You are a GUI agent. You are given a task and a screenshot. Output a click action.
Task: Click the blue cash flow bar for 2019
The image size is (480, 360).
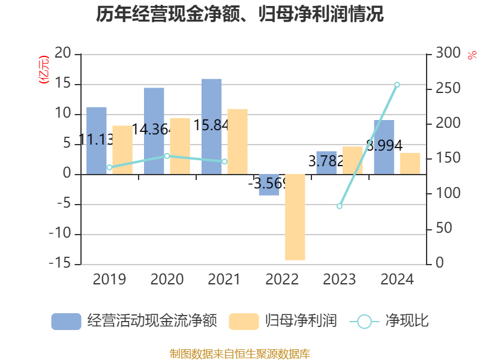click(x=97, y=140)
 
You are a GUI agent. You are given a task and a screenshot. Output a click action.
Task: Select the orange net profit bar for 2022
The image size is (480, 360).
click(x=295, y=217)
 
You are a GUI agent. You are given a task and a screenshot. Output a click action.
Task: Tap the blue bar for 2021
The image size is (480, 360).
click(x=211, y=126)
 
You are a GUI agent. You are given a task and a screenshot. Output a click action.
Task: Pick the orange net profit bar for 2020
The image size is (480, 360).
click(x=180, y=146)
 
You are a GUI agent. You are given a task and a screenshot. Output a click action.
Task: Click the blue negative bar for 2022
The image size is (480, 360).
click(x=269, y=185)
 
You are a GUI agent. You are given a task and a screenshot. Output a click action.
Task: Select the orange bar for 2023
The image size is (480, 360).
click(x=352, y=160)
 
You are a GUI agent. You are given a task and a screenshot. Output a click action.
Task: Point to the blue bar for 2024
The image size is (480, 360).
click(x=384, y=147)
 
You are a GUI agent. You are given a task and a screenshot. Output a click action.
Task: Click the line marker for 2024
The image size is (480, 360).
click(x=397, y=85)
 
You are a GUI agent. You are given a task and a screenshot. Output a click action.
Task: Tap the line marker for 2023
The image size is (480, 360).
click(x=340, y=206)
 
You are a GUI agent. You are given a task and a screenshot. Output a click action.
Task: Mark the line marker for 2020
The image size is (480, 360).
click(x=167, y=156)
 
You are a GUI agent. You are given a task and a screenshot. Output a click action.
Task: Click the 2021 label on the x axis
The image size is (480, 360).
click(x=224, y=280)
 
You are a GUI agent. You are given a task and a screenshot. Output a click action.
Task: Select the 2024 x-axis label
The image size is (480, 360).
click(x=397, y=280)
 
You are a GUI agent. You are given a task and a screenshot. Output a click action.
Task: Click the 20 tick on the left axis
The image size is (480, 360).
click(x=63, y=54)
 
